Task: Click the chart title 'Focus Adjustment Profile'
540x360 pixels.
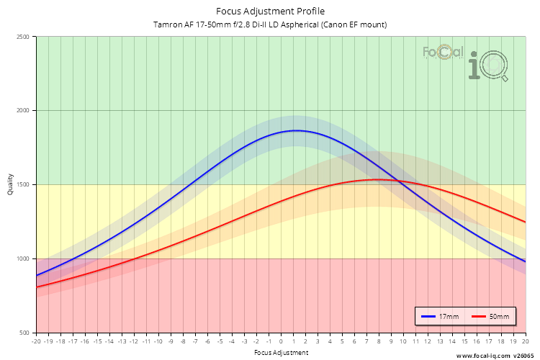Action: [x=270, y=11]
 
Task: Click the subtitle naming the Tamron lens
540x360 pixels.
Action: [x=270, y=24]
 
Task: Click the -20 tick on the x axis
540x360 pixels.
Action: [x=36, y=342]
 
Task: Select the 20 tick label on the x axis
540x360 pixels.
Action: [x=525, y=342]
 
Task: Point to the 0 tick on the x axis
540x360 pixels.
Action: [x=281, y=342]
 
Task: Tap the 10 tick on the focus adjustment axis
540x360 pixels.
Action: [x=403, y=342]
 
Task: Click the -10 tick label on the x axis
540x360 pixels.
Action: [x=158, y=342]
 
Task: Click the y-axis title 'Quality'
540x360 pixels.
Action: [x=10, y=185]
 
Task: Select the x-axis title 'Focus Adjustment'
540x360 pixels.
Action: [x=281, y=353]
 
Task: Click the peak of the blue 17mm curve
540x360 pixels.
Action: [x=296, y=130]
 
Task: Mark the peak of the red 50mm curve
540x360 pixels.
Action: [x=374, y=179]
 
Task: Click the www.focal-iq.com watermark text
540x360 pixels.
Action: [x=484, y=355]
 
